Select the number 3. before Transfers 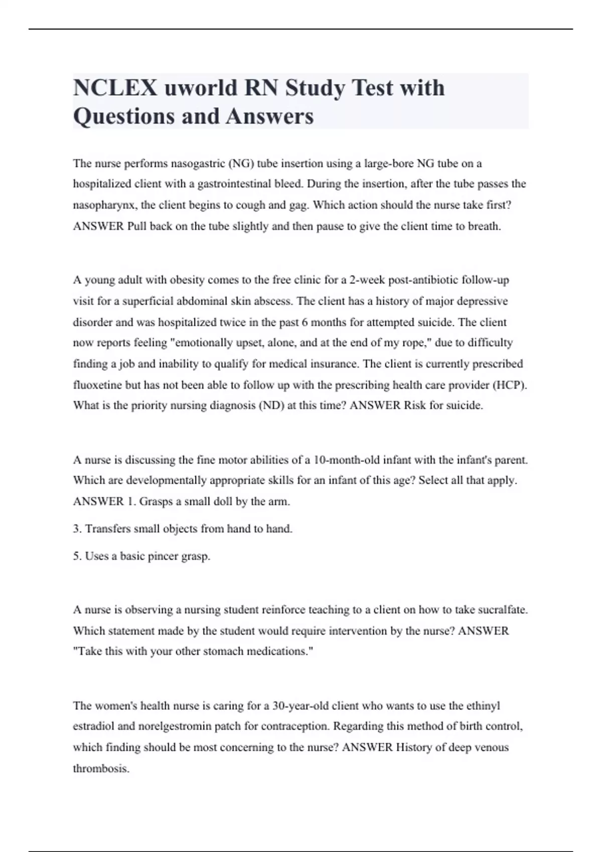[77, 529]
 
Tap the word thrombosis [101, 768]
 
